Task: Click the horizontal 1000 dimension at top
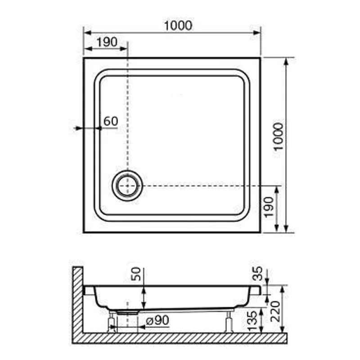pyautogui.click(x=178, y=26)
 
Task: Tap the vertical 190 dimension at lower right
pyautogui.click(x=269, y=207)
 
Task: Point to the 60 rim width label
pyautogui.click(x=110, y=121)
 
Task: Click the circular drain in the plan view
pyautogui.click(x=127, y=185)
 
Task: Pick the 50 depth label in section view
pyautogui.click(x=137, y=274)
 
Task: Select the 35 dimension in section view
pyautogui.click(x=257, y=273)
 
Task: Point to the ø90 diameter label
pyautogui.click(x=157, y=320)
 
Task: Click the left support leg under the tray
pyautogui.click(x=111, y=321)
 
